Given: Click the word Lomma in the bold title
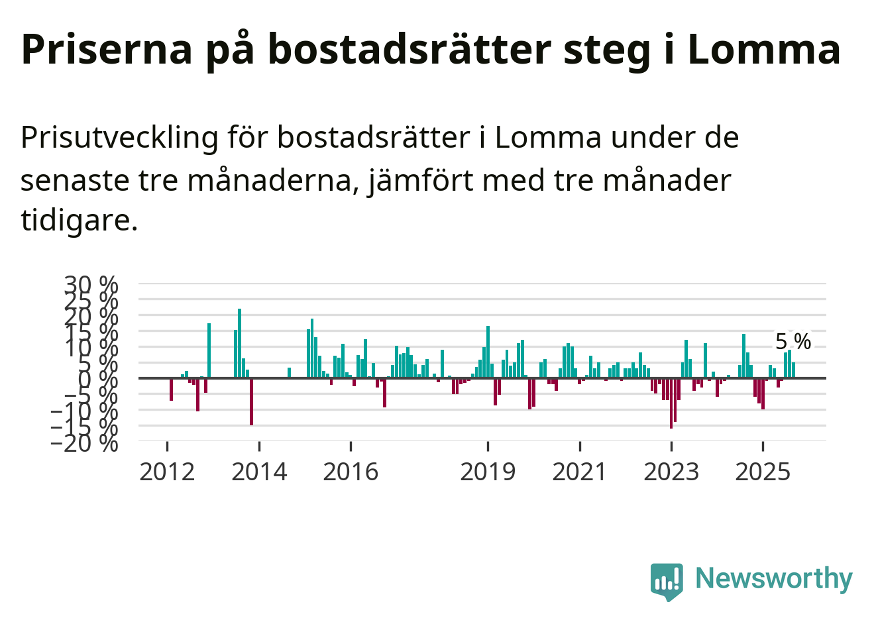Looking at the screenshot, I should tap(764, 49).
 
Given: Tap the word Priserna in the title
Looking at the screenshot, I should tap(107, 49).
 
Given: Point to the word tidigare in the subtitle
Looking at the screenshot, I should tap(79, 220).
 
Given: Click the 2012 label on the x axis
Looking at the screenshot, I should tap(167, 472).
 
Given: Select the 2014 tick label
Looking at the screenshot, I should tap(259, 472).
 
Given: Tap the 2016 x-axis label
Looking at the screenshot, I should tap(351, 472).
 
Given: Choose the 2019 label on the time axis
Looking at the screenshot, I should tap(488, 472).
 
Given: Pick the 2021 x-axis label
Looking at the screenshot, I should tap(579, 472).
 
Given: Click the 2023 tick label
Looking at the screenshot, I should tap(671, 472).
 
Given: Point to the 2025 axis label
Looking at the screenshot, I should tap(763, 472).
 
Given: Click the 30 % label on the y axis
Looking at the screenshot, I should tap(91, 285).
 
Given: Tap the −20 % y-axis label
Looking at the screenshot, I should tap(84, 442).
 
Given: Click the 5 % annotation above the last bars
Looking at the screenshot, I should tap(793, 342).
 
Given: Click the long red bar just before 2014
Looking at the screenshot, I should tap(251, 401).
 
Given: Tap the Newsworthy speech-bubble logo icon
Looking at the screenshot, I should tap(667, 582).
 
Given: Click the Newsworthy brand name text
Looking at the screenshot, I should tap(773, 579).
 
